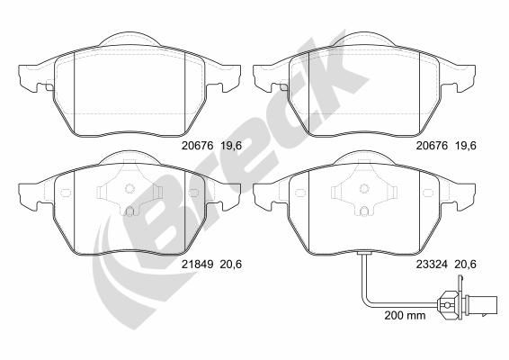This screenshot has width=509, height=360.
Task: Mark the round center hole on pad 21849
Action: pos(129,189)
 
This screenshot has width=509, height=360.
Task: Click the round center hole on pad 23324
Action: pos(366,189)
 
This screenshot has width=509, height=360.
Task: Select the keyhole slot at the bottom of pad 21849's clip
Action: pos(129,212)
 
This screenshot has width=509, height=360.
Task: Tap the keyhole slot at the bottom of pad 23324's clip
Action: pos(366,212)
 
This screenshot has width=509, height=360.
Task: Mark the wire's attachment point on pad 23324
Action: pos(362,254)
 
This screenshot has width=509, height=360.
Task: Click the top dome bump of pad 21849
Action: pos(129,155)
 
